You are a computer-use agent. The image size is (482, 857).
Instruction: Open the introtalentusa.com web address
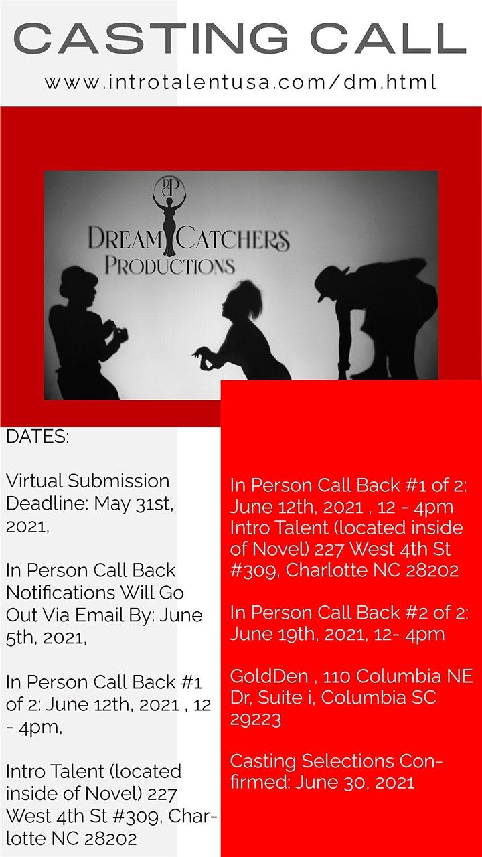tap(240, 82)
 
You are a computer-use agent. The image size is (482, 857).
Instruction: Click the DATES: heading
tap(37, 437)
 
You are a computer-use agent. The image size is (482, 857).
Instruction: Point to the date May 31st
tap(134, 504)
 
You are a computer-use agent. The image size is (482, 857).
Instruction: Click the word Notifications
tap(60, 593)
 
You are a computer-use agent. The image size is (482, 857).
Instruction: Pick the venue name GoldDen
tap(269, 676)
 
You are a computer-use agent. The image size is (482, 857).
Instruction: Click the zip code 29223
tap(256, 720)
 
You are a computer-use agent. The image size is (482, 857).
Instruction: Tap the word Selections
tap(347, 761)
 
